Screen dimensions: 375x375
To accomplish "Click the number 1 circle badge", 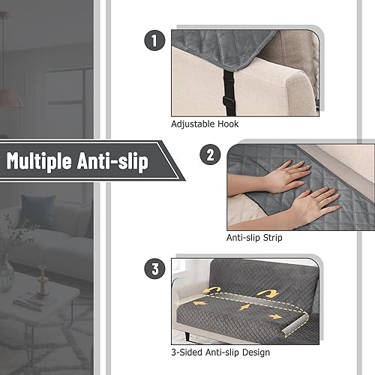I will pyautogui.click(x=154, y=42).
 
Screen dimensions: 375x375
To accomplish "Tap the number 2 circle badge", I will pyautogui.click(x=209, y=155).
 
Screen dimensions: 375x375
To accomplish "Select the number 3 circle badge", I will pyautogui.click(x=154, y=268).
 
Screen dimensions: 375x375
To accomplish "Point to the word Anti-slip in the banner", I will pyautogui.click(x=119, y=160).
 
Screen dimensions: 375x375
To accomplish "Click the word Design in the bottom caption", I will pyautogui.click(x=255, y=352).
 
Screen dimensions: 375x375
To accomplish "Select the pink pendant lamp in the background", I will pyautogui.click(x=10, y=97).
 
